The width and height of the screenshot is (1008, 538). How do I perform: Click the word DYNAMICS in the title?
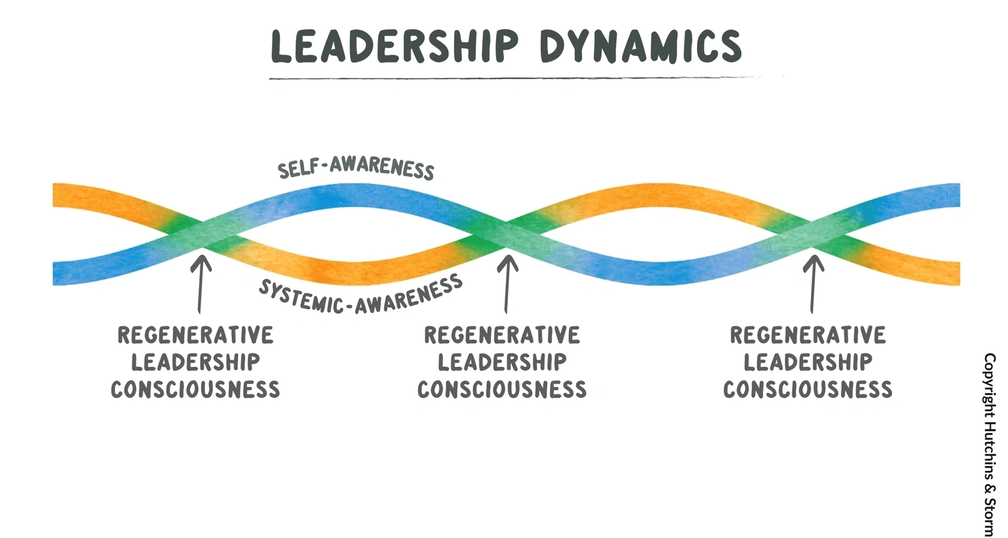coord(640,45)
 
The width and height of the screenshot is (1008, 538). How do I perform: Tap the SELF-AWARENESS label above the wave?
coord(356,168)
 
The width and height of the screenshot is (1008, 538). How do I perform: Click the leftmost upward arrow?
coord(200,282)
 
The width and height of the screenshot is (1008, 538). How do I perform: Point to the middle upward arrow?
coord(507,282)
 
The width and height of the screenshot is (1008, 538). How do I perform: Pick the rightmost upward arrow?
coord(812,282)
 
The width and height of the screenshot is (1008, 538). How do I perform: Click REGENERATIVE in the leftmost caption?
coord(196,335)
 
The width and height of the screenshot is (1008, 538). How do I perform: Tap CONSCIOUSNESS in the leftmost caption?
coord(196,389)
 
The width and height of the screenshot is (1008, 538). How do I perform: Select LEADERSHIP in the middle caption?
coord(502,362)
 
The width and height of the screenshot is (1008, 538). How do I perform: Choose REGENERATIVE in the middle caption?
coord(502,335)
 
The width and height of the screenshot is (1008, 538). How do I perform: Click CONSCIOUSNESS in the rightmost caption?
coord(808,389)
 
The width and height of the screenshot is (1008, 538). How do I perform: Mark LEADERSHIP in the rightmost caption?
coord(808,362)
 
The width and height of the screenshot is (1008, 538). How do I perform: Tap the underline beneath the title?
coord(513,78)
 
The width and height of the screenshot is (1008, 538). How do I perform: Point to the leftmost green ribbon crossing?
coord(202,234)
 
